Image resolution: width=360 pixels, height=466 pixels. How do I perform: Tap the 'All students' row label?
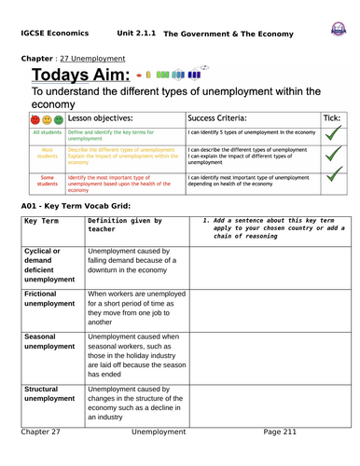point(47,133)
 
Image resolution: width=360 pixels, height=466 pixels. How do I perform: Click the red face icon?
point(35,119)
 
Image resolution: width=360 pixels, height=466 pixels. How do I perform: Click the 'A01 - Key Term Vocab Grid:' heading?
point(82,204)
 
